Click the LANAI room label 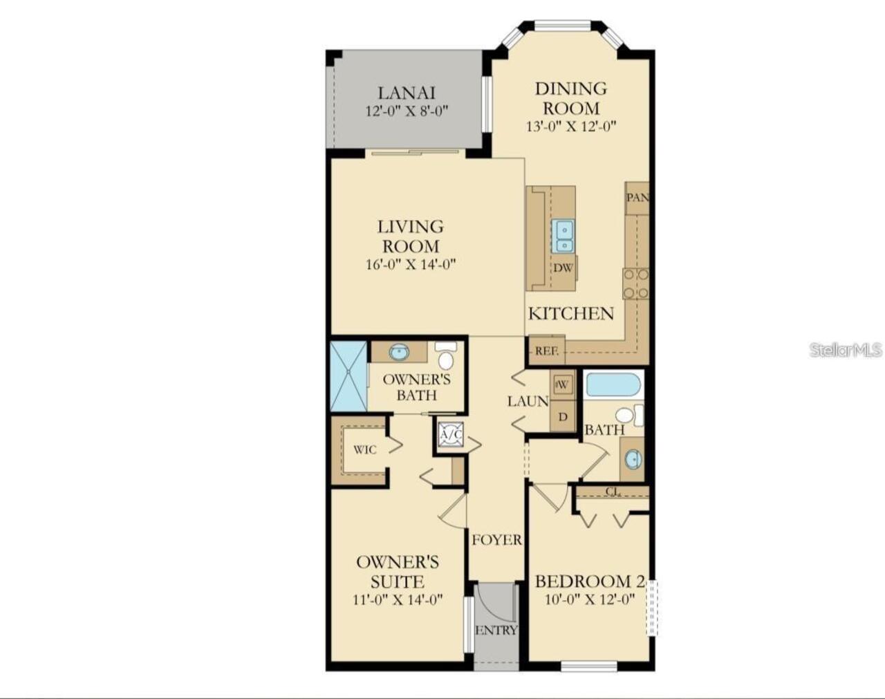[x=406, y=93]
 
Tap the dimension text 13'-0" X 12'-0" [x=571, y=127]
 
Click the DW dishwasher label [x=563, y=268]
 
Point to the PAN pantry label [x=637, y=198]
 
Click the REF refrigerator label [x=546, y=351]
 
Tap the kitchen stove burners [x=636, y=283]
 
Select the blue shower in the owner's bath [x=348, y=376]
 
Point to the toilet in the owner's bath [x=445, y=355]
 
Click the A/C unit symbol [x=451, y=435]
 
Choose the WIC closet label [x=365, y=450]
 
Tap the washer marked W [x=563, y=385]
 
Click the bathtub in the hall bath [x=613, y=384]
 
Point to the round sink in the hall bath [x=633, y=459]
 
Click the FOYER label [x=497, y=540]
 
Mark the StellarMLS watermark [x=846, y=351]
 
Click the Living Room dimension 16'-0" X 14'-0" [x=411, y=264]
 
